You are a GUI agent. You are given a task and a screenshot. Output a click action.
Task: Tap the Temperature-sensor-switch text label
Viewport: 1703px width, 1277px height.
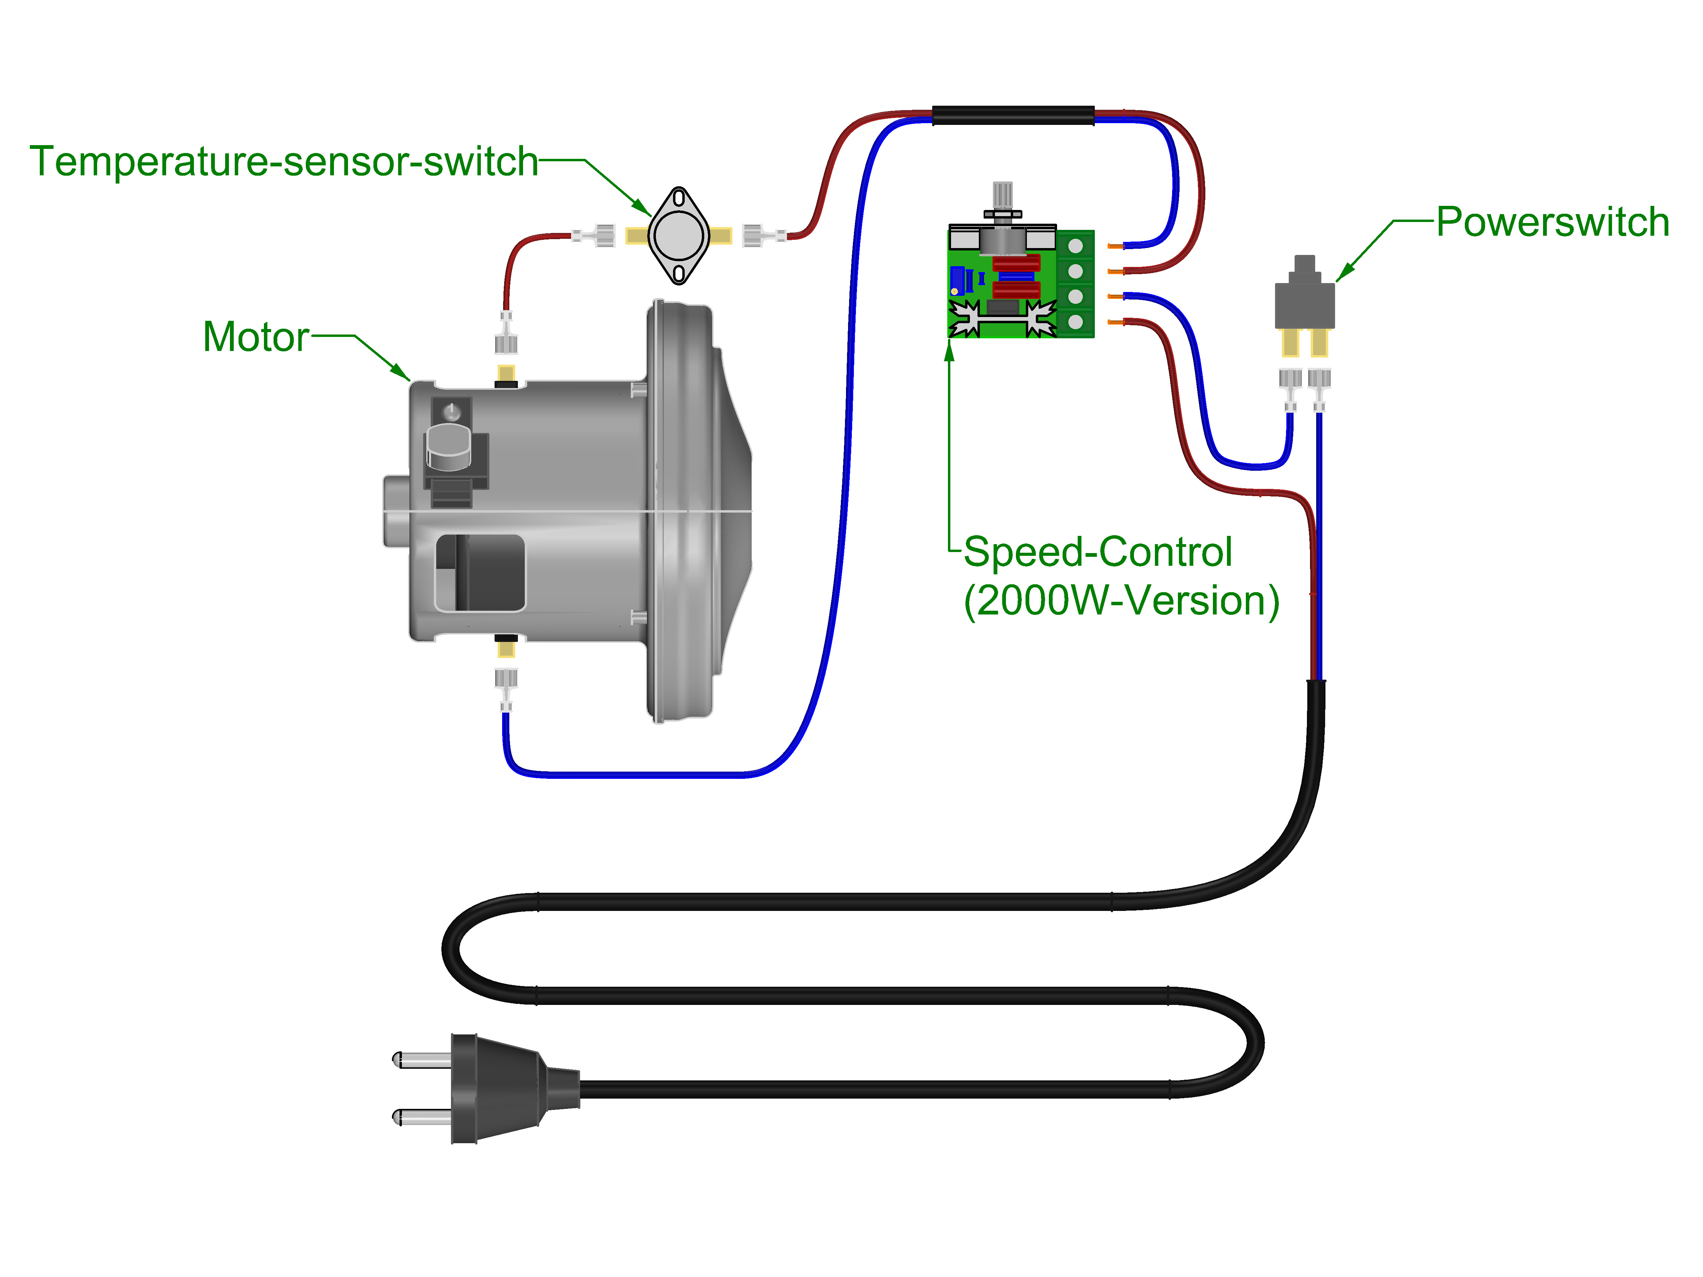coord(283,162)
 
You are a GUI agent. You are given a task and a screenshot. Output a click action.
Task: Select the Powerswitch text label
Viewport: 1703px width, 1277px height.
coord(1552,222)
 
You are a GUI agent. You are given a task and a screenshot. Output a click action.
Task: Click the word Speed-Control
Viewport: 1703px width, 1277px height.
coord(1097,552)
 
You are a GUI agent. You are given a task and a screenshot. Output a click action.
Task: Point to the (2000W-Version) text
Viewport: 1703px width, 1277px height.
coord(1121,600)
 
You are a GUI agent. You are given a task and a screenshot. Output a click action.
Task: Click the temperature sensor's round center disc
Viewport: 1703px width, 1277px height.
coord(678,236)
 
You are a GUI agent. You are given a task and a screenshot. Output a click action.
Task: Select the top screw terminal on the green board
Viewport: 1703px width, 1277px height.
coord(1076,246)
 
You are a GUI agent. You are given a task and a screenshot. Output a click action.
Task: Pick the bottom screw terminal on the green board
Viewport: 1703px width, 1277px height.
coord(1076,322)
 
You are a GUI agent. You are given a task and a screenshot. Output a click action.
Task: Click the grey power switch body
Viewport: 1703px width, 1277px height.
coord(1304,304)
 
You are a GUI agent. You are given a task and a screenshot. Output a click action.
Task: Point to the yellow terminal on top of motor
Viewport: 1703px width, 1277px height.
coord(506,373)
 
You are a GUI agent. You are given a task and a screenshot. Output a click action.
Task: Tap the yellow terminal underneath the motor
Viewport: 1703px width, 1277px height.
coord(506,649)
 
